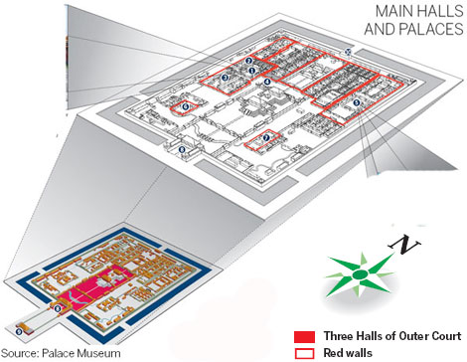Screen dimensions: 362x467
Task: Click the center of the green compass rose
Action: point(366,277)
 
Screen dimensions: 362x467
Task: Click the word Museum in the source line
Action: point(94,353)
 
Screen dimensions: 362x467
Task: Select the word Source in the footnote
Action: point(20,353)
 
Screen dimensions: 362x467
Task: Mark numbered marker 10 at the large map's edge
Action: point(347,50)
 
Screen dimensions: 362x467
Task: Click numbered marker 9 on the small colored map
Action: point(18,328)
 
